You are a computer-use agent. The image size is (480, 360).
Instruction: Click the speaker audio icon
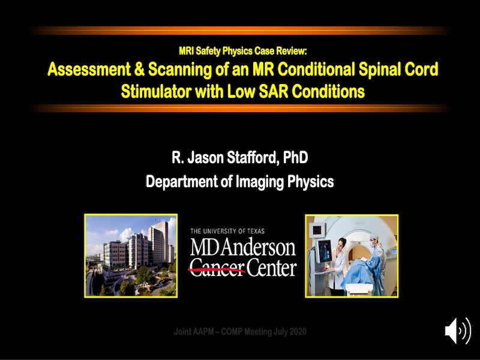[x=458, y=331]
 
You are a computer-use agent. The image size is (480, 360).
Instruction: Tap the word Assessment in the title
[x=89, y=69]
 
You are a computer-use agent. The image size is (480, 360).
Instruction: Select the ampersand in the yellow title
[x=139, y=69]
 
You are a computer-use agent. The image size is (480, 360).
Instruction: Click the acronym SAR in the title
[x=273, y=91]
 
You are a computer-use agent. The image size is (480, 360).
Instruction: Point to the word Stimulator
[x=155, y=91]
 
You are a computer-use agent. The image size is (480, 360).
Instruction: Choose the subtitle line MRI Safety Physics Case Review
[x=243, y=51]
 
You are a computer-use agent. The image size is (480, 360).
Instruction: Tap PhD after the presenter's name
[x=295, y=158]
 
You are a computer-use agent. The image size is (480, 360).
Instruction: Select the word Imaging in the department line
[x=260, y=182]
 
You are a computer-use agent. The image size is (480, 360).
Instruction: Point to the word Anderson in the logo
[x=259, y=247]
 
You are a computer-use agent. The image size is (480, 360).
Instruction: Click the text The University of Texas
[x=227, y=231]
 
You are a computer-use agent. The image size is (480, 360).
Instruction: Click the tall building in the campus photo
[x=158, y=242]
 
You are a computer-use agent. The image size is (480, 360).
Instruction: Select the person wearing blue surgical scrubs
[x=377, y=264]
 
